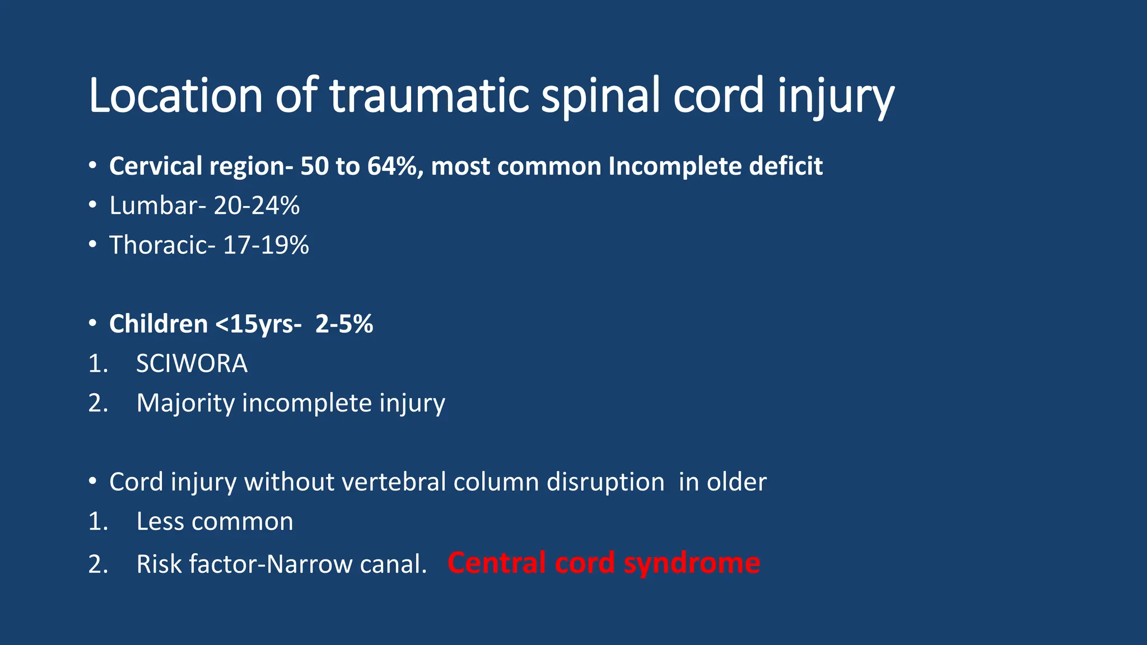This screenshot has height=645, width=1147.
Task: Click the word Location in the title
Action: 175,95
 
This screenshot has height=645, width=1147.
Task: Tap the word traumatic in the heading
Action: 428,95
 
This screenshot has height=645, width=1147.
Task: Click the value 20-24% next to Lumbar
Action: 257,205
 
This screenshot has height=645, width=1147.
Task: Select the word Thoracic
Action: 158,245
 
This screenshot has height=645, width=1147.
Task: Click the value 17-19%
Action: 266,245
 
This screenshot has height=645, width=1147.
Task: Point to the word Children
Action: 158,324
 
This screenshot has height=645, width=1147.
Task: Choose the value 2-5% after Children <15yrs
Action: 344,324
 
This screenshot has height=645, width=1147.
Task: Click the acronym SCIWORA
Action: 192,364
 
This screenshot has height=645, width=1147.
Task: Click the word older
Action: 736,482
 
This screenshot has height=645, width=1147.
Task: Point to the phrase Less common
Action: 215,522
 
